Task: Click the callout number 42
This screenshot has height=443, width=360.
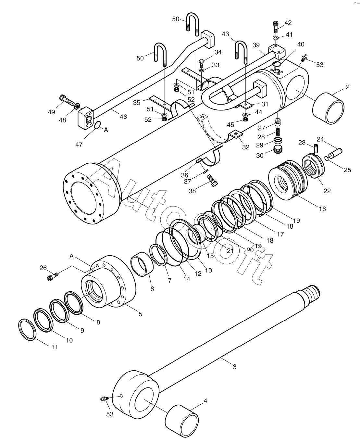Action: point(288,23)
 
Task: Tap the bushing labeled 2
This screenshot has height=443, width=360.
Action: point(328,108)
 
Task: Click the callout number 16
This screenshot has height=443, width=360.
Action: point(322,209)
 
